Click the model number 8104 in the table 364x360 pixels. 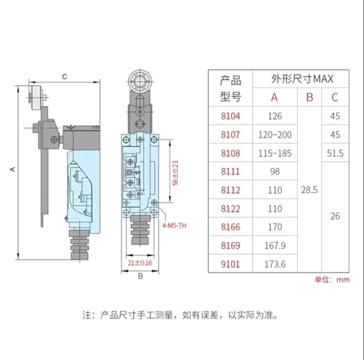(x=231, y=116)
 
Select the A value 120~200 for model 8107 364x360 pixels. (x=275, y=135)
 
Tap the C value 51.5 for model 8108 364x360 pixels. (x=335, y=153)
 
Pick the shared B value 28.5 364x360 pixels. (x=309, y=190)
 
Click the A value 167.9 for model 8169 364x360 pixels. (x=275, y=246)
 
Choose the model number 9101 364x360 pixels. (x=231, y=264)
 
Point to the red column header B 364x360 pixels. (x=309, y=97)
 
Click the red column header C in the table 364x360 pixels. (x=335, y=97)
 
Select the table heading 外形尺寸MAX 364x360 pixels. (x=302, y=79)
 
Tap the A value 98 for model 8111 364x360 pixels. (x=275, y=172)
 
